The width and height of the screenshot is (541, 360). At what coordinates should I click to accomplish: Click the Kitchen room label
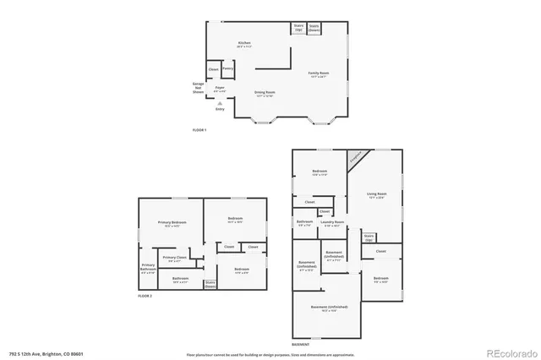(x=244, y=43)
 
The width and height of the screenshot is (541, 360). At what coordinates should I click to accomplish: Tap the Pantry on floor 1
(x=227, y=68)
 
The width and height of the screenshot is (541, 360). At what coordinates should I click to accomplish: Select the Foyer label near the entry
(x=219, y=89)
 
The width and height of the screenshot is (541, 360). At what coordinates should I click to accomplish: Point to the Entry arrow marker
(x=220, y=103)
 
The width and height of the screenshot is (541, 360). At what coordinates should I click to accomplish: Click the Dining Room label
(x=265, y=93)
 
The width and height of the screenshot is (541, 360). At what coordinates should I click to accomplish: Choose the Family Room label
(x=318, y=74)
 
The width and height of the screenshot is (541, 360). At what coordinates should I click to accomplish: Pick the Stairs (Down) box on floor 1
(x=314, y=28)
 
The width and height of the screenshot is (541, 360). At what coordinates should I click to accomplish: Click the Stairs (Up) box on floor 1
(x=298, y=28)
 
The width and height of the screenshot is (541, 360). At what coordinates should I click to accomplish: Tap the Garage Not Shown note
(x=199, y=87)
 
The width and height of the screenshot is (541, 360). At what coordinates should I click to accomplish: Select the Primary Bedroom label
(x=172, y=223)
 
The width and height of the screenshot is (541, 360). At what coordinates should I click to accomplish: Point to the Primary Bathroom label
(x=148, y=270)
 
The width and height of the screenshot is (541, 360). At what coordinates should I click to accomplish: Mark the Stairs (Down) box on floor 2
(x=210, y=284)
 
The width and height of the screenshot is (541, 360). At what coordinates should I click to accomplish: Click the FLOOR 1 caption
(x=199, y=129)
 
